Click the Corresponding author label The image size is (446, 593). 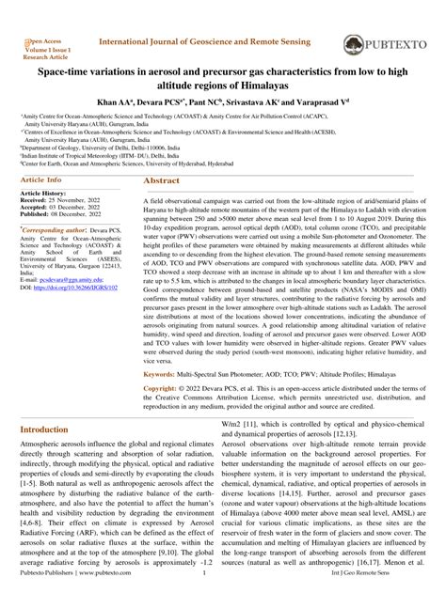point(56,228)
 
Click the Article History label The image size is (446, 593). point(46,193)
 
